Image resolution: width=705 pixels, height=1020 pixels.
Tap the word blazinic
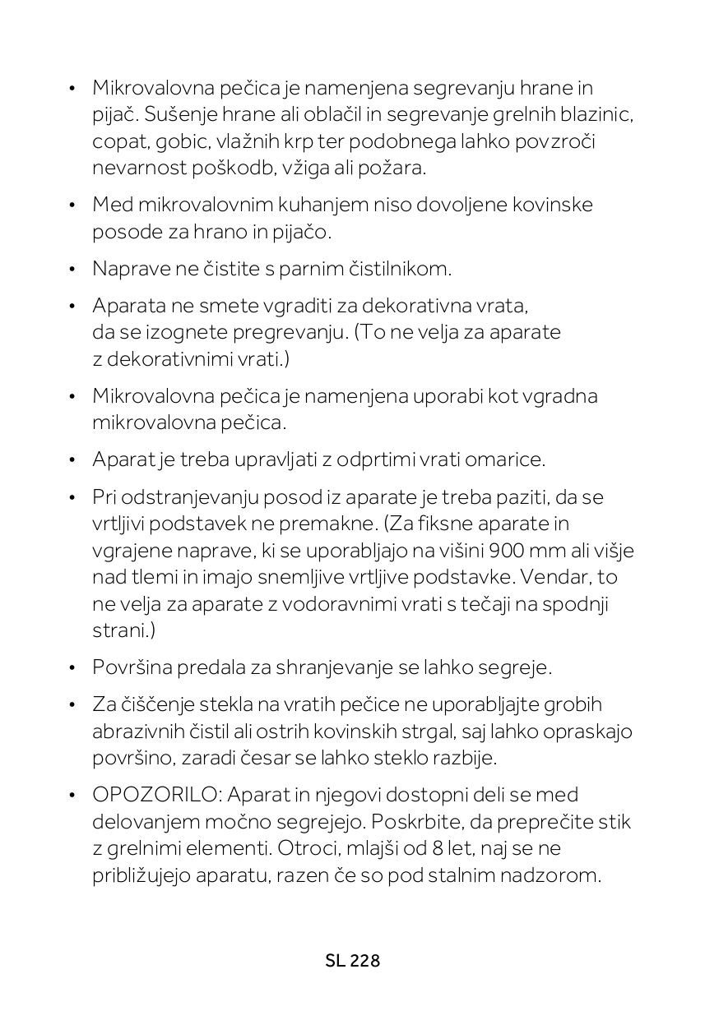(594, 114)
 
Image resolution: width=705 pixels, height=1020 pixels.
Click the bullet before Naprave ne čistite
(72, 269)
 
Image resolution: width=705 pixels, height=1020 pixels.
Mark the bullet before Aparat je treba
(72, 459)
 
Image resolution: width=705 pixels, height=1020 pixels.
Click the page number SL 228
(352, 961)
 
